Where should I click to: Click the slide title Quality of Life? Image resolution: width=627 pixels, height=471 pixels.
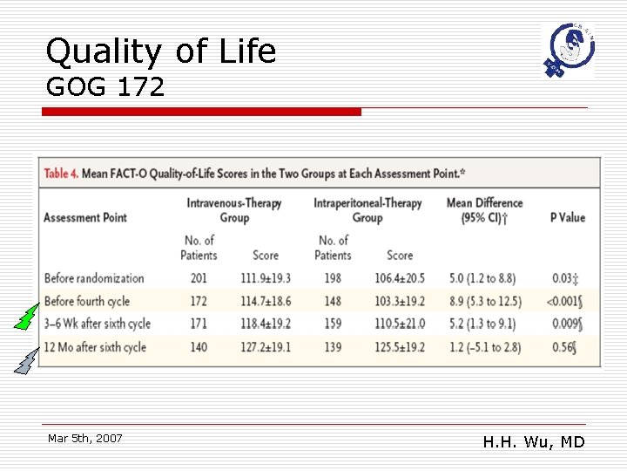click(161, 51)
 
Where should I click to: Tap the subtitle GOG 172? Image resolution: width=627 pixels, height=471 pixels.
click(104, 87)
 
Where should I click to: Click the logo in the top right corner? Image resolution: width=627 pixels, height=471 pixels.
click(568, 51)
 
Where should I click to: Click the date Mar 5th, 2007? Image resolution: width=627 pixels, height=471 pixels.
click(85, 438)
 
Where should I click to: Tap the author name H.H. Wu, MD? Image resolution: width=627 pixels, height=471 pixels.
click(534, 442)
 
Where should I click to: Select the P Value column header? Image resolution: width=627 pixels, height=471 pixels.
click(568, 217)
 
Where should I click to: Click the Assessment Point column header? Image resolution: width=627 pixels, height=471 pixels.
click(85, 217)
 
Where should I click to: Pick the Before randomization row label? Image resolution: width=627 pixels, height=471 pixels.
click(94, 278)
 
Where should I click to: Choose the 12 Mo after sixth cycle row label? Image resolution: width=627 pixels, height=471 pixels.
click(96, 347)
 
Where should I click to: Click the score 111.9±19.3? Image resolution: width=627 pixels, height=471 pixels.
click(266, 278)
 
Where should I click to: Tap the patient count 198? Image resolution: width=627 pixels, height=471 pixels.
click(332, 278)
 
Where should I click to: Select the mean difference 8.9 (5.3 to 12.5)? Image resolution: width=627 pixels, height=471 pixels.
click(485, 302)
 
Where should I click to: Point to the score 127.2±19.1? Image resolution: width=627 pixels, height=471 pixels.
click(266, 347)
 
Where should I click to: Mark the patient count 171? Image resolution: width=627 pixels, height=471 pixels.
click(198, 324)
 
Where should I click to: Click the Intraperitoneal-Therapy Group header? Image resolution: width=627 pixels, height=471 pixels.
click(367, 210)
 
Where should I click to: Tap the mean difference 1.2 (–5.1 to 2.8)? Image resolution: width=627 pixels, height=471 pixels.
click(485, 347)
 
